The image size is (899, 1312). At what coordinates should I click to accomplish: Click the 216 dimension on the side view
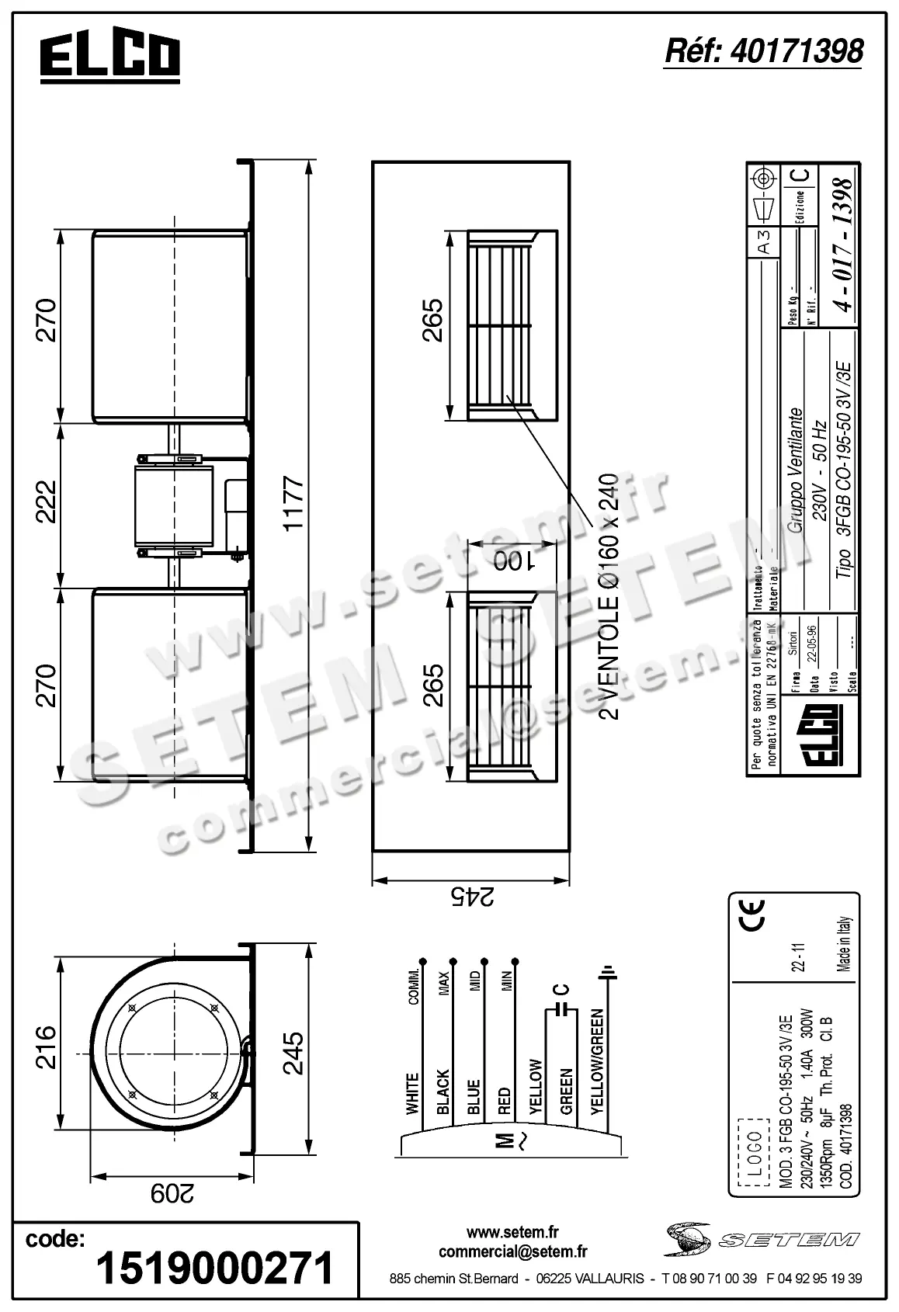(46, 1046)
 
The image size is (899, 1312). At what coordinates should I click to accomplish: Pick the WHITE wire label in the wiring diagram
(412, 1093)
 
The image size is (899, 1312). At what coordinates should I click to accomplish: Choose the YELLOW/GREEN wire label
(597, 1061)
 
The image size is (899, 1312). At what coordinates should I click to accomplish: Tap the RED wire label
(505, 1101)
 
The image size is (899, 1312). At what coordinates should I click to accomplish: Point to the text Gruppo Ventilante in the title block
(795, 470)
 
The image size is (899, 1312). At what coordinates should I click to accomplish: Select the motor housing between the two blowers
(174, 505)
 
